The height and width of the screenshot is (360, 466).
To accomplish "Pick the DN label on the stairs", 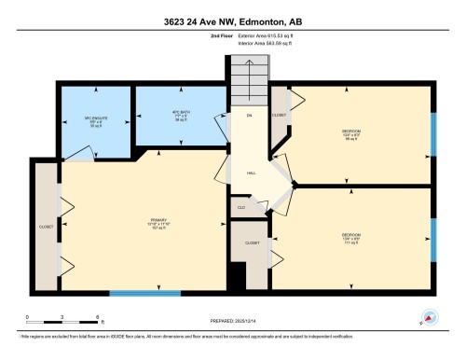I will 250,116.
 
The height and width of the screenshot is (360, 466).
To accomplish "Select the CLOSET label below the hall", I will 252,242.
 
